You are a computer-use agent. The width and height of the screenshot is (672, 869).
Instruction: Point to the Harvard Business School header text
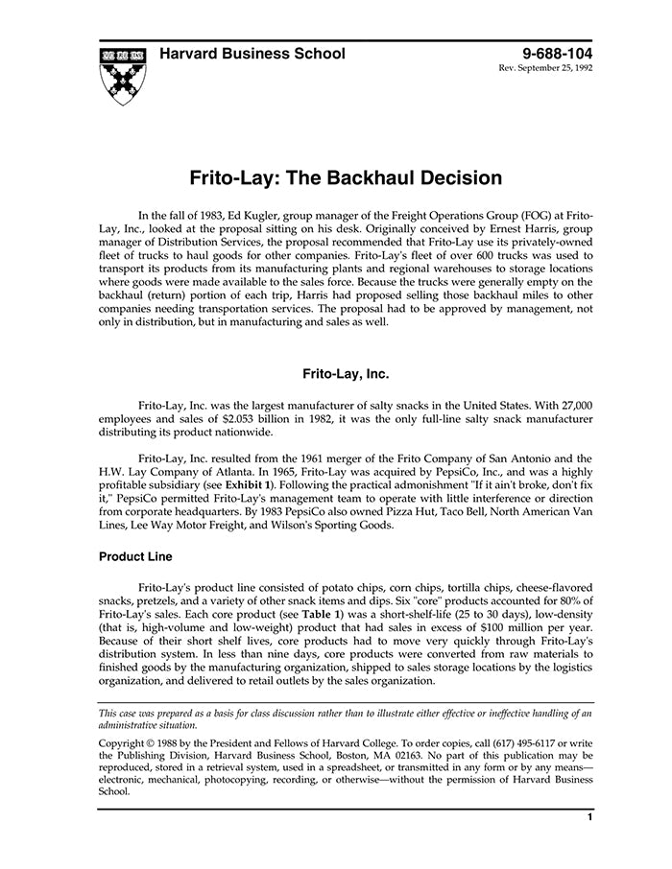coord(252,54)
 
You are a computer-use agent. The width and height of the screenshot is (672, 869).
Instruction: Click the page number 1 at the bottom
coord(589,818)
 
